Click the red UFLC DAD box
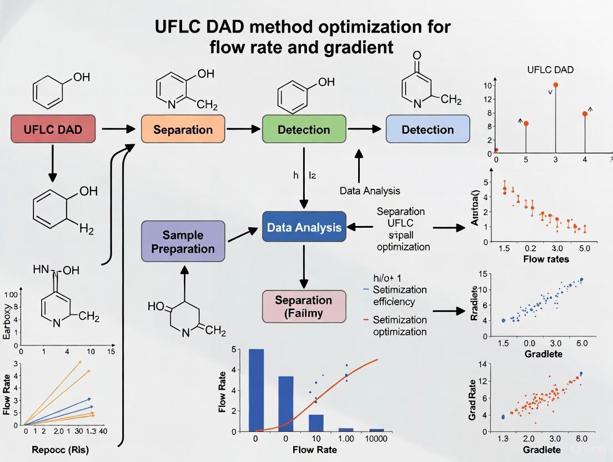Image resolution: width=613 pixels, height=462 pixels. coord(53,130)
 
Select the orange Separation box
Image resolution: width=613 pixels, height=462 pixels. coord(183,130)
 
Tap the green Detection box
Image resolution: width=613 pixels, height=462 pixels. coord(304,130)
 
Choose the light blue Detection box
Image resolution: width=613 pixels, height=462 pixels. coord(428,130)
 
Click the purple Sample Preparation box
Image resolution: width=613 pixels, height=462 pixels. coord(183,242)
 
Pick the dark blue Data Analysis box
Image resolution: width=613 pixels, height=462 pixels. coord(304,227)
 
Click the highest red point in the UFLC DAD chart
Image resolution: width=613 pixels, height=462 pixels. coord(555,85)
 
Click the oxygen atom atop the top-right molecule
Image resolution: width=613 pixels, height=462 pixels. coord(418,56)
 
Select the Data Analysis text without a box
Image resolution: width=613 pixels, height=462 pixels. coord(370,191)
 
